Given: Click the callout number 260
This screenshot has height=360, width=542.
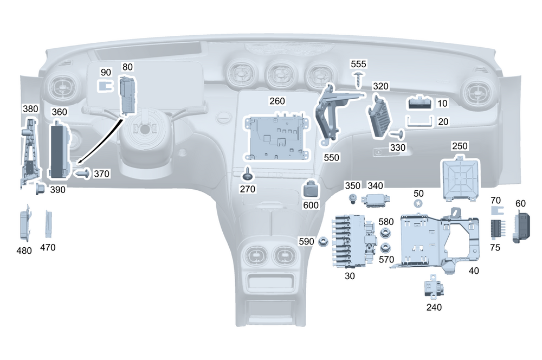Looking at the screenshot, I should click(277, 101).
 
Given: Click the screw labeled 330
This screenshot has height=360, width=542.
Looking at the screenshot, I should click(399, 133).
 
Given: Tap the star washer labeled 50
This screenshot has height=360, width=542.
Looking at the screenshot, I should click(418, 204).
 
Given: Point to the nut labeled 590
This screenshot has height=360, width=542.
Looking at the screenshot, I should click(322, 240).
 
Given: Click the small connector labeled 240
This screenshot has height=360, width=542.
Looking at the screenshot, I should click(433, 287).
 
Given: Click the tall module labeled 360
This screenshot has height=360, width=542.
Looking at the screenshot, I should click(59, 150).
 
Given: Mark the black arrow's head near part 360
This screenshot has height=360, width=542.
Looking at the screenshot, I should click(77, 163).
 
